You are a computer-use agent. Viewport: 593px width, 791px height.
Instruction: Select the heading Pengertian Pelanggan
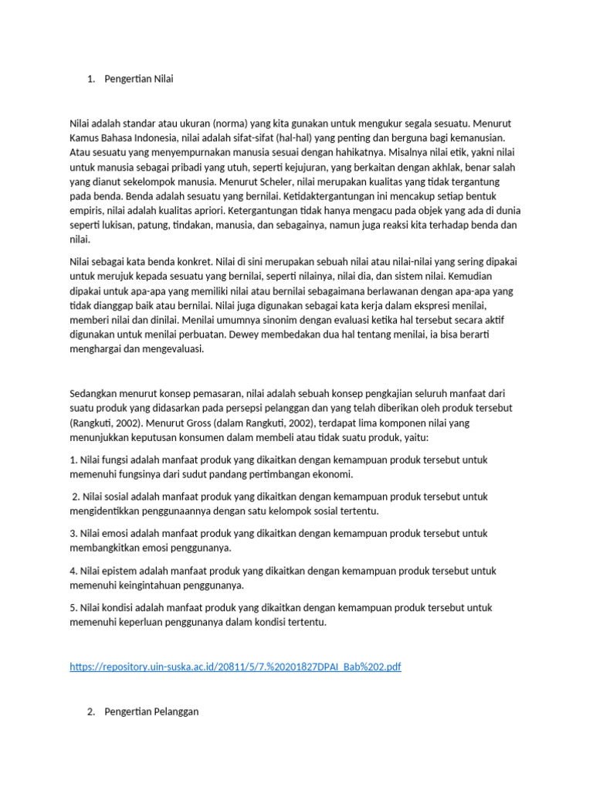[x=151, y=711]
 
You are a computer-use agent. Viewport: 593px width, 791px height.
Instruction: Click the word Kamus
[x=85, y=137]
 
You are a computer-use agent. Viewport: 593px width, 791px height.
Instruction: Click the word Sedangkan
[x=97, y=393]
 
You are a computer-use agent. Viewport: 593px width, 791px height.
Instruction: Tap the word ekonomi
[x=334, y=474]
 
